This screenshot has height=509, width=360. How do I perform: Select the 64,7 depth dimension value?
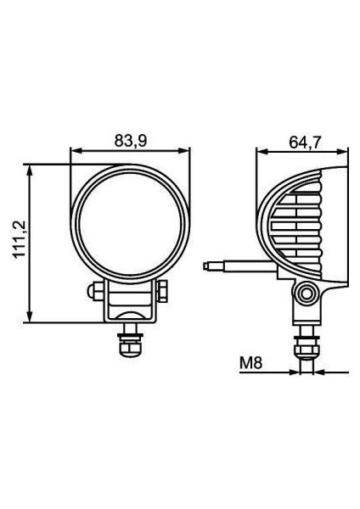[303, 142]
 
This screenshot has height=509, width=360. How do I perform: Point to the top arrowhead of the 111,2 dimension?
[31, 165]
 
